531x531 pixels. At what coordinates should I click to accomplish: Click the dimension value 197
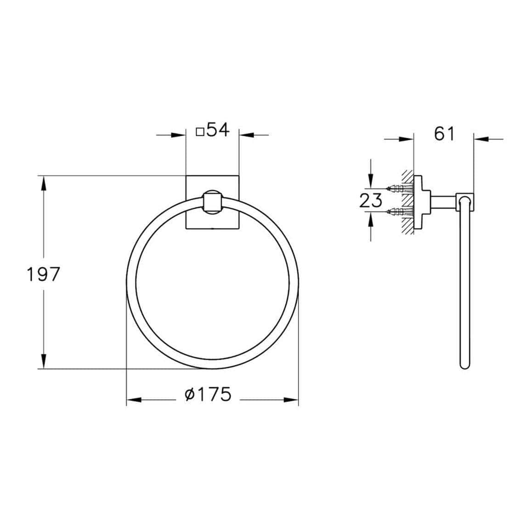coord(43,275)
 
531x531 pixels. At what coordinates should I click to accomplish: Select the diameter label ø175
coord(208,394)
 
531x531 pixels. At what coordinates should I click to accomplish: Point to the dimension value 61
coord(444,134)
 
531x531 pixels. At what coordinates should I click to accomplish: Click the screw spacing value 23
coord(371,201)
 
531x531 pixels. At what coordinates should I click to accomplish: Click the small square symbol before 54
coord(200,132)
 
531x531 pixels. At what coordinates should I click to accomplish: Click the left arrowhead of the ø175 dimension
coord(133,400)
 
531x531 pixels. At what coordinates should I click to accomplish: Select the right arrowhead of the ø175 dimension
coord(291,400)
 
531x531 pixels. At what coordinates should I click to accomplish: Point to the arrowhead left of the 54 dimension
coord(178,135)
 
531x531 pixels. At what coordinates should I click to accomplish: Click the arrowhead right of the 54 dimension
coord(246,135)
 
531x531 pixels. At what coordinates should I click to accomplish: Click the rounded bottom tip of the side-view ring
coord(464,367)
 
